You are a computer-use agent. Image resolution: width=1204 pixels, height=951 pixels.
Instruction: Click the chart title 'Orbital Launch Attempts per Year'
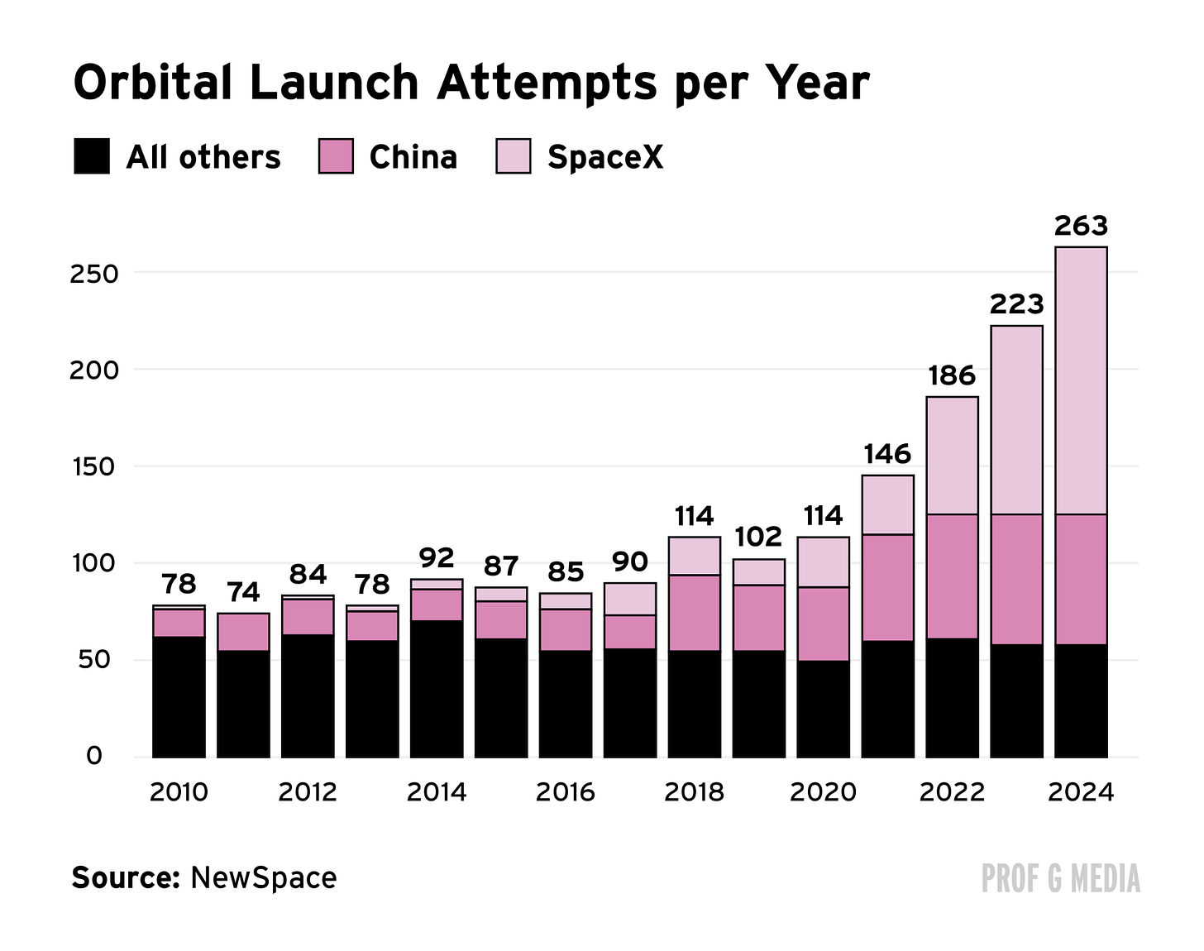tap(471, 84)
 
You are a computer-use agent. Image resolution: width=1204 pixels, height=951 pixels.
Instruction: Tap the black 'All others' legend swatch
tap(92, 156)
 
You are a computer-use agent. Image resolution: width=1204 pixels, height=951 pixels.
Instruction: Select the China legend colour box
tap(336, 156)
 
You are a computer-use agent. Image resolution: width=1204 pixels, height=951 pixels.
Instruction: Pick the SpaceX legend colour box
tap(513, 156)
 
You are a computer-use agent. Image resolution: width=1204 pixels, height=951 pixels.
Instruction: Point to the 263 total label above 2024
tap(1080, 226)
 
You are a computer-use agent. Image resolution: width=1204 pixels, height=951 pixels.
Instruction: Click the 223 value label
tap(1016, 304)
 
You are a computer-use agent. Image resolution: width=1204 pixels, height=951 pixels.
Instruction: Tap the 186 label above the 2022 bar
tap(952, 375)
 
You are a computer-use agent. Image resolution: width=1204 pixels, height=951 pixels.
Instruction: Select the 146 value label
tap(887, 454)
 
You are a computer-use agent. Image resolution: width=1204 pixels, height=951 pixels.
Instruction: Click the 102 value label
tap(758, 537)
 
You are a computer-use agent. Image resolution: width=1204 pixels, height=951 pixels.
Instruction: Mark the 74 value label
tap(243, 592)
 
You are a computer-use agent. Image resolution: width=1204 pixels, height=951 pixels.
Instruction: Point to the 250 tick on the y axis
tap(94, 275)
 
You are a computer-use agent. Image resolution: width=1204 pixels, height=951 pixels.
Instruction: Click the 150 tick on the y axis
tap(95, 467)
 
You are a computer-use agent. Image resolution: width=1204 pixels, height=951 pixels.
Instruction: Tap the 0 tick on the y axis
tap(94, 756)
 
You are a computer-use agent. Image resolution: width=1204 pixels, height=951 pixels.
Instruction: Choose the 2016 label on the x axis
tap(565, 792)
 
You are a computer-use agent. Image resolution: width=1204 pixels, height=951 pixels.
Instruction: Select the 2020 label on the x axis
tap(823, 792)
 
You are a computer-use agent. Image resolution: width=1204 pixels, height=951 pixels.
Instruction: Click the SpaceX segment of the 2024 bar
tap(1081, 381)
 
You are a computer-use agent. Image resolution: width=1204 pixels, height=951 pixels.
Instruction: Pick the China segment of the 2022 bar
tap(953, 576)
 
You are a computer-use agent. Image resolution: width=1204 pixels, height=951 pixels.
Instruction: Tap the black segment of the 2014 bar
tap(437, 689)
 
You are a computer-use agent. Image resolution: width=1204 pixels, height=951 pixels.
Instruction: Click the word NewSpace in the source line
tap(264, 877)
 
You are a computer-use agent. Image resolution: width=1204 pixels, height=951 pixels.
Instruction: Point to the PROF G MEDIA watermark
tap(1061, 878)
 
